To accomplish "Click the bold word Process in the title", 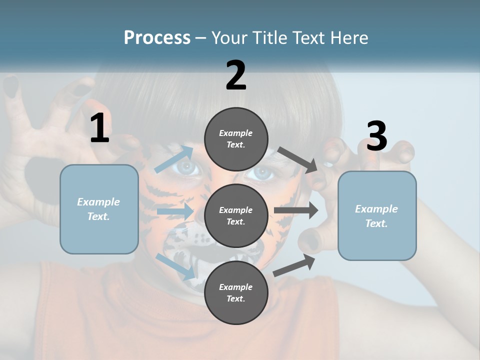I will point(157,38).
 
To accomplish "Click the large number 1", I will point(99,128).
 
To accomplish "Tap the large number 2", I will point(236,75).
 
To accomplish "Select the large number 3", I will point(376,136).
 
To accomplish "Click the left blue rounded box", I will point(99,209).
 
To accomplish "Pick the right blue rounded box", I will point(377,216).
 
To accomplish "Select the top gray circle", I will point(236,139).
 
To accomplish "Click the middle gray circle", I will point(236,215).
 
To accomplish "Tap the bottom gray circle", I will point(236,292).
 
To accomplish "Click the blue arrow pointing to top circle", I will point(174,159).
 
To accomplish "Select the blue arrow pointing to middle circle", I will point(175,211).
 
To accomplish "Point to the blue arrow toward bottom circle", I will point(175,266).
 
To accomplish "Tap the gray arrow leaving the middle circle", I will point(296,210).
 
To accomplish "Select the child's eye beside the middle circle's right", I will point(260,173).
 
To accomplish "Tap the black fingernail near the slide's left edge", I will point(10,86).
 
